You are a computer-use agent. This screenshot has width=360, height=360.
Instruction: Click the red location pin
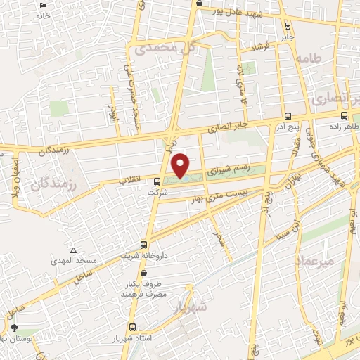click(181, 165)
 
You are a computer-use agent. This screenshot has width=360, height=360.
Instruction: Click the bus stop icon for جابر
click(287, 25)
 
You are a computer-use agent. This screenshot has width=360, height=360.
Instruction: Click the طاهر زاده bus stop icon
click(344, 116)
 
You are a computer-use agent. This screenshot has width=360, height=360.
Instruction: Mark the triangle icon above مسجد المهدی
click(73, 250)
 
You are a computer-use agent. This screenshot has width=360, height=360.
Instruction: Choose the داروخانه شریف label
click(136, 257)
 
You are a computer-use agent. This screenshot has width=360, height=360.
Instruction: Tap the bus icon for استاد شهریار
click(133, 327)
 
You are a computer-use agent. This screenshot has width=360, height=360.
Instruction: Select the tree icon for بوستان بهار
click(14, 328)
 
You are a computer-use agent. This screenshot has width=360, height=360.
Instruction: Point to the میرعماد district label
click(319, 261)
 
